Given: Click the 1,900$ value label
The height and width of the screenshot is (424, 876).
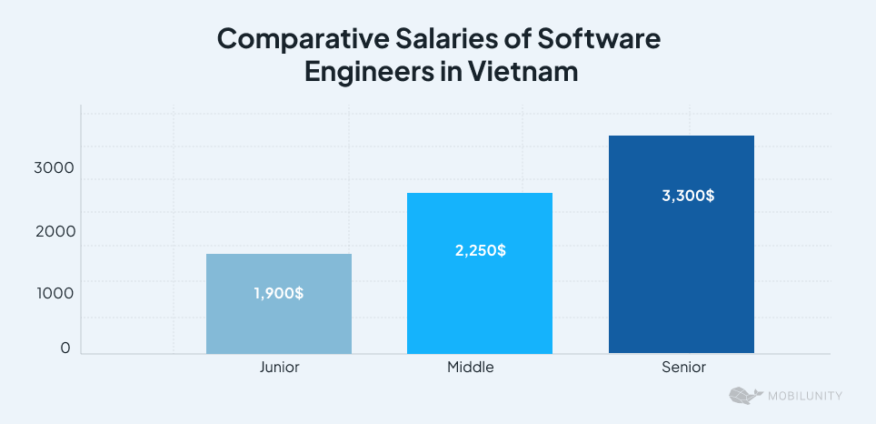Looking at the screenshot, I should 279,294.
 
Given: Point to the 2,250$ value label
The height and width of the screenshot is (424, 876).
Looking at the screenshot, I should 481,250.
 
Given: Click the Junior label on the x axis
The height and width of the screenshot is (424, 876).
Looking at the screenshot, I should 279,368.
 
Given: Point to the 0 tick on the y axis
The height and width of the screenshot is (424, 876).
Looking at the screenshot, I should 65,348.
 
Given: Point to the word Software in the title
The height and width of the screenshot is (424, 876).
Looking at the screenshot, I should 601,40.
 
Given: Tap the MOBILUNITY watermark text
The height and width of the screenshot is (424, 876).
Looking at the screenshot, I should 804,396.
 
